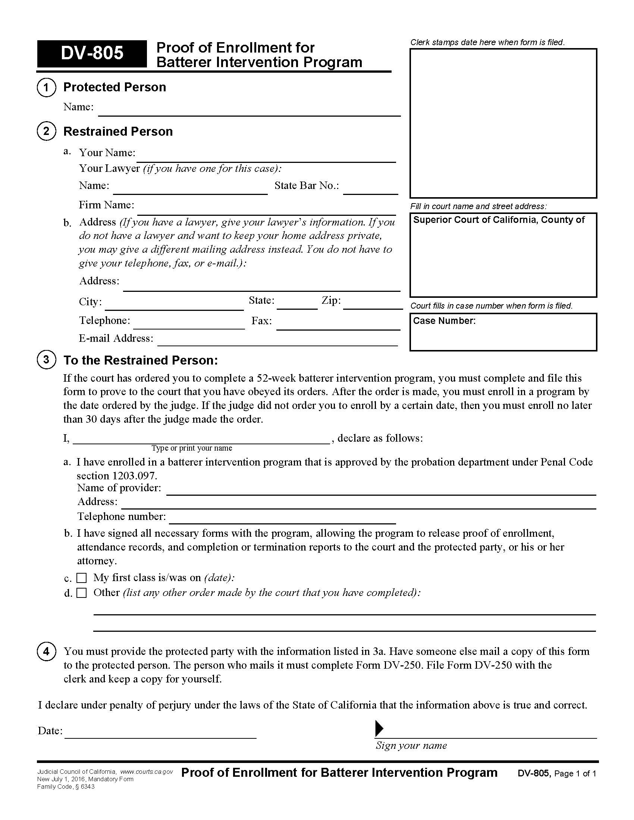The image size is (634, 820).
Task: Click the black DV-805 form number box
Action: pos(92,53)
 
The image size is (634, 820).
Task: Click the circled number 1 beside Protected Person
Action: pos(46,88)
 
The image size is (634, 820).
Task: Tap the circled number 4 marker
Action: pos(46,651)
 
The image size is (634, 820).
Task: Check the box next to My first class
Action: pos(82,577)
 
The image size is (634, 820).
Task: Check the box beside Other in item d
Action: pos(82,593)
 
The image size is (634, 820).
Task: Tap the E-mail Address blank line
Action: pos(277,342)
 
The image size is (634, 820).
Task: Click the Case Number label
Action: pos(444,321)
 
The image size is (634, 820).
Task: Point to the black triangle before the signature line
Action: pos(379,728)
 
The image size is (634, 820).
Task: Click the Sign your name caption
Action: pos(411,745)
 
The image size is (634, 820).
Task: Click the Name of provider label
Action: pos(119,488)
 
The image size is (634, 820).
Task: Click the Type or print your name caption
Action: pos(192,448)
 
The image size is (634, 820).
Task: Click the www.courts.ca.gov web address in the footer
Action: pos(147,772)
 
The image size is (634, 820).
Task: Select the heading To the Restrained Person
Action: pos(141,360)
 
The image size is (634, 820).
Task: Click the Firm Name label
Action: pos(106,205)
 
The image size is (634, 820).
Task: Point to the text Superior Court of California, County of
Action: pos(498,220)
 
